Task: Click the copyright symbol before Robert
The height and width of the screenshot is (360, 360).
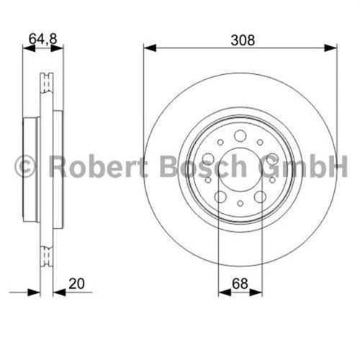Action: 24,168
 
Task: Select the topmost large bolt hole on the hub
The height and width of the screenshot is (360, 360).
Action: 240,135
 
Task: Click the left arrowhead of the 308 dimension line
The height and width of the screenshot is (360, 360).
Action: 148,48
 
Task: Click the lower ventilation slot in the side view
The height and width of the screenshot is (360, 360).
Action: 48,252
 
